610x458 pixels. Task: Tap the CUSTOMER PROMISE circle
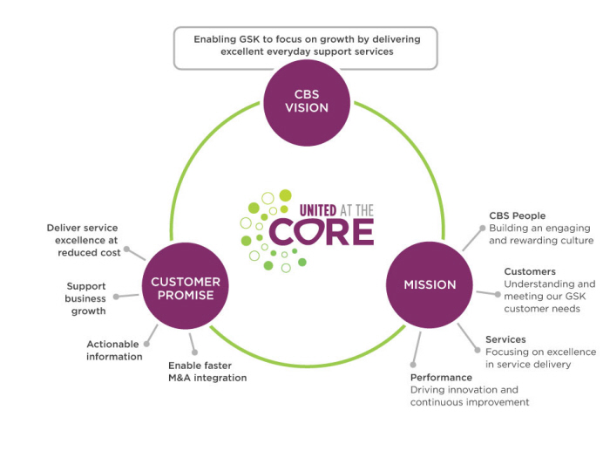186,288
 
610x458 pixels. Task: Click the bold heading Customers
530,271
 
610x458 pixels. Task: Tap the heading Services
505,339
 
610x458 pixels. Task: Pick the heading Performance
441,378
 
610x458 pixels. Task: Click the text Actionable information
114,350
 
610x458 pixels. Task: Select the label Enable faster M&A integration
207,372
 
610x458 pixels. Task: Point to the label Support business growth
86,298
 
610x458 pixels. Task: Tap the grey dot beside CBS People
479,229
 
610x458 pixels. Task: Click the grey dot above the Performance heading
412,365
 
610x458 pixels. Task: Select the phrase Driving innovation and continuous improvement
470,396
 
